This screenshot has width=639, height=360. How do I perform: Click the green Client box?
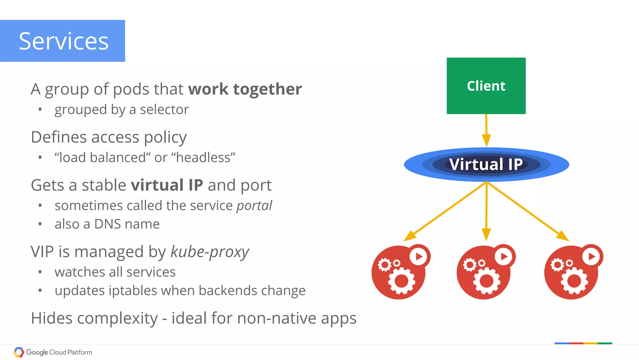tap(486, 86)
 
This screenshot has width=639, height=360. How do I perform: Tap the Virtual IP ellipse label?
tap(486, 164)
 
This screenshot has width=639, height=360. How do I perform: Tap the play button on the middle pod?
tap(504, 256)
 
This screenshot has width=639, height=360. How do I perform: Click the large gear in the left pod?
tap(401, 281)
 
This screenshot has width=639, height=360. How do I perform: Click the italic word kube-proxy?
tap(210, 252)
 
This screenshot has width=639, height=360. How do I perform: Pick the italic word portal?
tap(254, 205)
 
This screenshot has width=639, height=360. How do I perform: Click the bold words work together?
tap(245, 89)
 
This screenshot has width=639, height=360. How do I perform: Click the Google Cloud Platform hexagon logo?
tap(19, 352)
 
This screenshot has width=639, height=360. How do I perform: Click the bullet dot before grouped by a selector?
tap(40, 110)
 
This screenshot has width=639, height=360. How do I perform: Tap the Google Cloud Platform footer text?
tap(59, 353)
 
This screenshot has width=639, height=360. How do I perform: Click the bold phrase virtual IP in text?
tap(167, 185)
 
